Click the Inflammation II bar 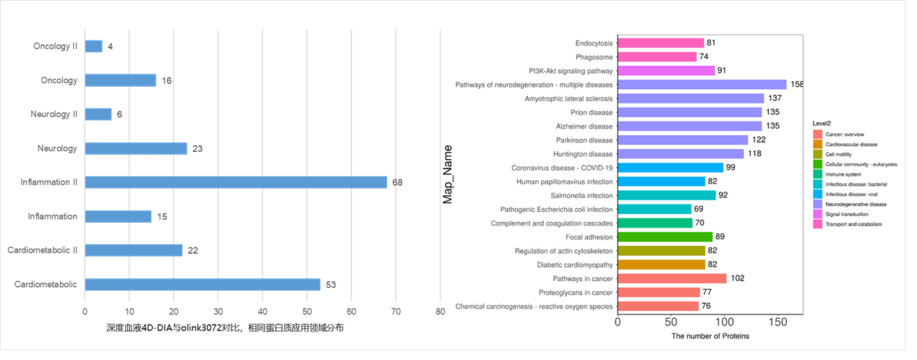(236, 182)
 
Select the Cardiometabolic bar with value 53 (202, 284)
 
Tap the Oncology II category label (56, 46)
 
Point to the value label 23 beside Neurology (197, 149)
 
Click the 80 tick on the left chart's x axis (440, 312)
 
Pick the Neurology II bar (98, 114)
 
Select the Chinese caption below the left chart (225, 328)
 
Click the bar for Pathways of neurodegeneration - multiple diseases (701, 85)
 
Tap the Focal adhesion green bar (665, 236)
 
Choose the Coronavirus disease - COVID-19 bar (670, 168)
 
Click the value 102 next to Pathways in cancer (737, 278)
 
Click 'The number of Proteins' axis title (710, 336)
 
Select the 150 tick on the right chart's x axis (778, 322)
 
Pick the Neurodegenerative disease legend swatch (818, 205)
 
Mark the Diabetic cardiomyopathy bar (661, 265)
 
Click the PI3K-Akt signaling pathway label (571, 71)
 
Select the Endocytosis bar (660, 43)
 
